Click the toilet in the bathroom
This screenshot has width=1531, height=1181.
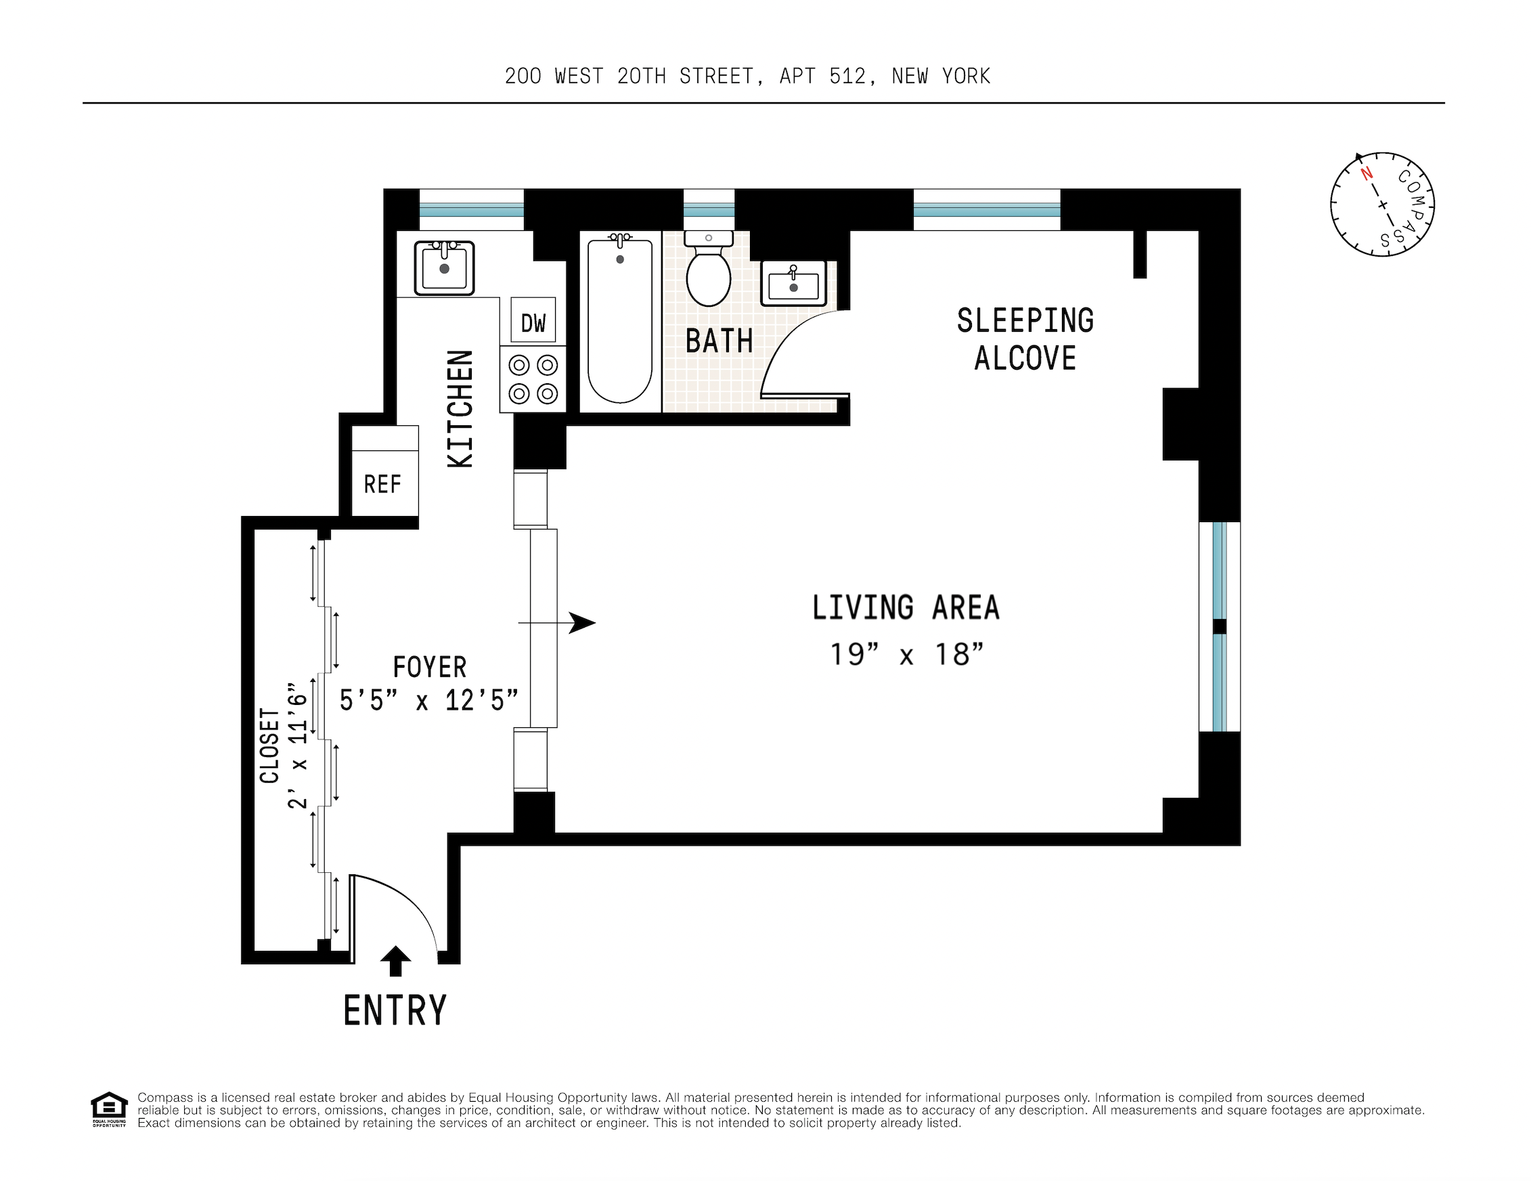click(x=708, y=274)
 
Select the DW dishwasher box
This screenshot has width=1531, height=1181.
click(x=533, y=321)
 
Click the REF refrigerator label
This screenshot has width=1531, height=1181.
click(x=382, y=484)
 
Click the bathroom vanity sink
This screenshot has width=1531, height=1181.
click(x=793, y=283)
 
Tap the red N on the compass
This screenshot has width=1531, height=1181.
click(x=1367, y=173)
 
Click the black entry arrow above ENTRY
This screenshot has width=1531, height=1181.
click(x=395, y=960)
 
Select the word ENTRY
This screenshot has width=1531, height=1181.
click(x=395, y=1010)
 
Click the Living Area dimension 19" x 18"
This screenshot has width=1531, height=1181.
click(x=906, y=654)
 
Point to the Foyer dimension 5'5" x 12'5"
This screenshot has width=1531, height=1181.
click(x=428, y=700)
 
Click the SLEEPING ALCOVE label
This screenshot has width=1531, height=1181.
click(x=1025, y=339)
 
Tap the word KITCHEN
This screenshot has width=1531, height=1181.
click(x=460, y=409)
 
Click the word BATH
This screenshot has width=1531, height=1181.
click(x=719, y=341)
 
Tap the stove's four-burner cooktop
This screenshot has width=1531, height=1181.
click(x=533, y=379)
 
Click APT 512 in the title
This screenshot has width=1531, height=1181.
click(x=826, y=76)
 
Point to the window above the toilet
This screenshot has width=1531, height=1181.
click(x=708, y=209)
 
